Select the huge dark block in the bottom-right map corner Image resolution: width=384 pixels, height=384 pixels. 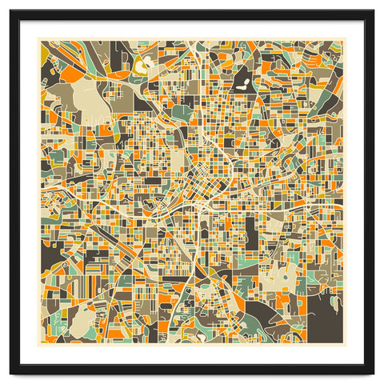coord(325,312)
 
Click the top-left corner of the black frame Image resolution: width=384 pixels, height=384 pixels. coord(12,12)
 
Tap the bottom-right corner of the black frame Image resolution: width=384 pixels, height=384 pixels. coord(372,372)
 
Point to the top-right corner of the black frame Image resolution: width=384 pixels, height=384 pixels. coord(372,12)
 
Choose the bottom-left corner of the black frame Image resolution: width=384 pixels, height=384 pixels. coord(12,372)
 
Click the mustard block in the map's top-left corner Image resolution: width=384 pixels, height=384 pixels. coord(45,50)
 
